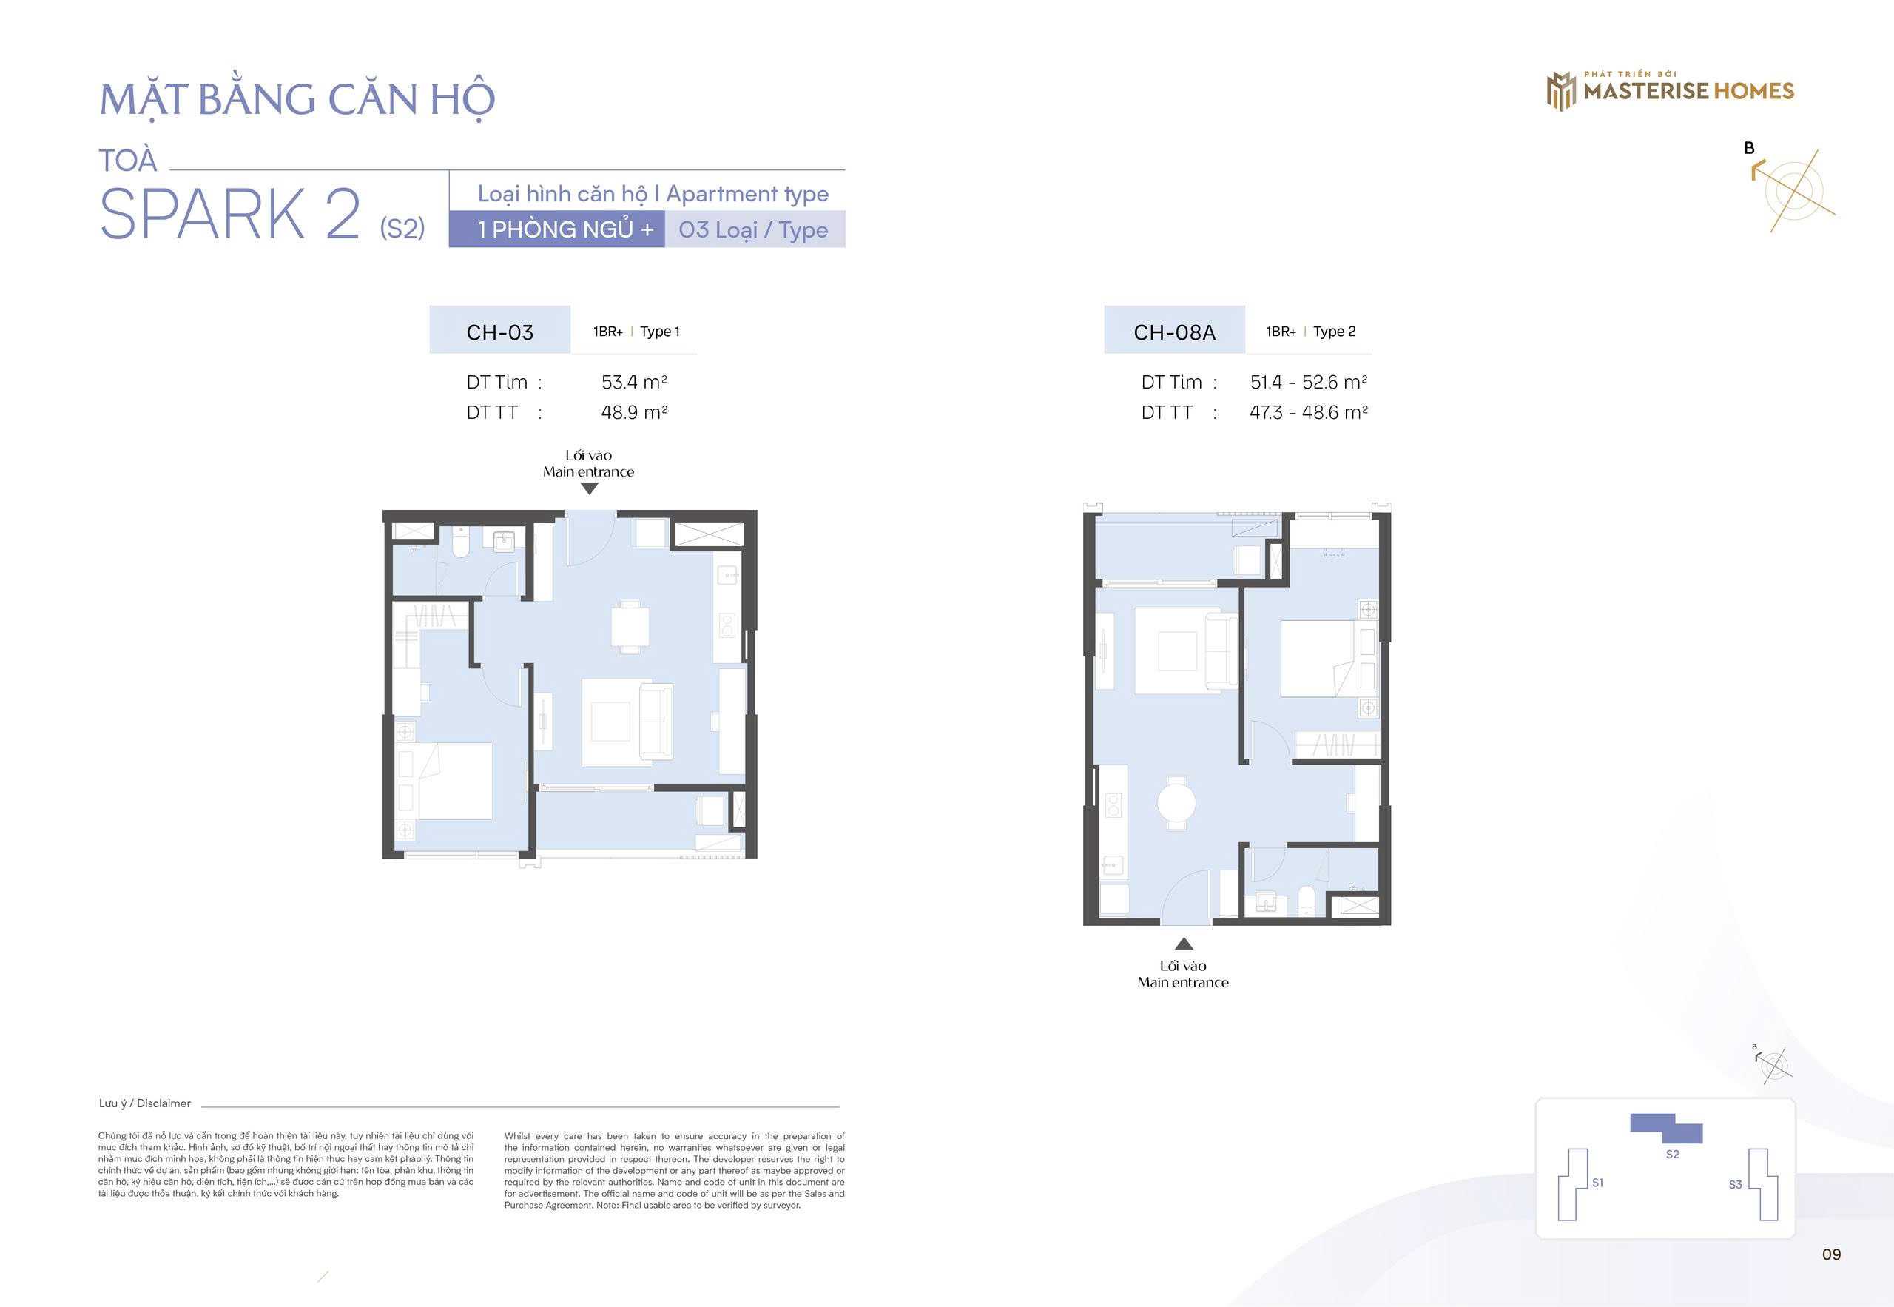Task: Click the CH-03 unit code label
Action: [x=499, y=332]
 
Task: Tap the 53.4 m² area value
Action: [x=633, y=383]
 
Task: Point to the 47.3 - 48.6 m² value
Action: [x=1308, y=413]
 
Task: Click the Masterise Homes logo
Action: [x=1670, y=91]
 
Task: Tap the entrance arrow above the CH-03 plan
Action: [x=590, y=489]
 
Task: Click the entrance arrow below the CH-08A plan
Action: [x=1184, y=944]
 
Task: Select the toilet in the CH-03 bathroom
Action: [x=461, y=542]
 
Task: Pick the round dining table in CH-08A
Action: [x=1176, y=803]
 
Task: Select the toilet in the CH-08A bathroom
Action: [x=1307, y=901]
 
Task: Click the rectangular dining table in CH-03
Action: [x=630, y=626]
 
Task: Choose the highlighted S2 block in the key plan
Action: [x=1666, y=1129]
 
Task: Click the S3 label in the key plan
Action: [x=1735, y=1184]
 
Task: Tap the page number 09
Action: [x=1831, y=1254]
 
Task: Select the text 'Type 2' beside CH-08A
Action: [x=1334, y=332]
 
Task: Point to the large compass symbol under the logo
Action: [x=1793, y=190]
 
